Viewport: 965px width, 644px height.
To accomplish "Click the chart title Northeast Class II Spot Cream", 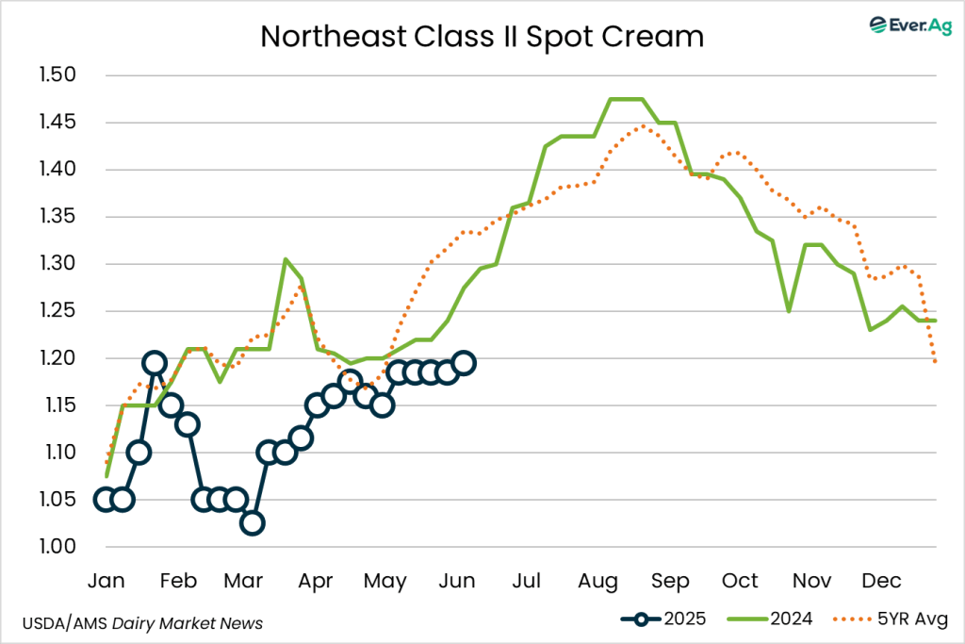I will coord(482,37).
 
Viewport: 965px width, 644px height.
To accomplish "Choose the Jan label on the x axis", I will coord(105,580).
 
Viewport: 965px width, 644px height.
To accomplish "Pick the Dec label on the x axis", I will coord(882,580).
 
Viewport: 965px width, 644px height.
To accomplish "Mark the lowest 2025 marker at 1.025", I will coord(252,523).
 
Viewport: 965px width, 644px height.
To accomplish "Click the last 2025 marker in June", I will coord(463,363).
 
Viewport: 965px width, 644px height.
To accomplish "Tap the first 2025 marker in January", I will coord(106,500).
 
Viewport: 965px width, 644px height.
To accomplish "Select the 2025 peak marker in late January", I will coord(155,363).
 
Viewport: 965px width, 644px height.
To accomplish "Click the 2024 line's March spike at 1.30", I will coord(286,260).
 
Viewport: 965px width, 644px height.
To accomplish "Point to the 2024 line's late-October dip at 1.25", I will coord(788,311).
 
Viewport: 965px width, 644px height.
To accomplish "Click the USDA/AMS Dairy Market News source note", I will coord(142,622).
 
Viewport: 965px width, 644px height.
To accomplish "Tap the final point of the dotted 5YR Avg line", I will coord(935,362).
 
